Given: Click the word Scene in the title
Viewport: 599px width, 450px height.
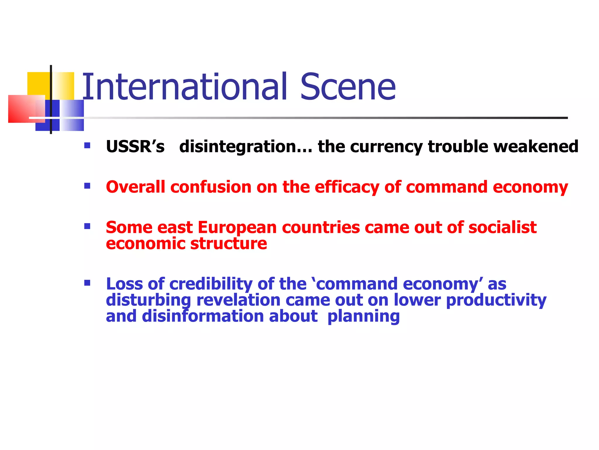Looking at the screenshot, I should pyautogui.click(x=348, y=87).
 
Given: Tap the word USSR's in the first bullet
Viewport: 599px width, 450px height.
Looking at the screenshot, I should pyautogui.click(x=135, y=146).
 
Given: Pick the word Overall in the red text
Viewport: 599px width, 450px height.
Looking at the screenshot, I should pyautogui.click(x=135, y=187).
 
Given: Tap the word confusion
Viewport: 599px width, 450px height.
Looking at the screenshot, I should pyautogui.click(x=211, y=187).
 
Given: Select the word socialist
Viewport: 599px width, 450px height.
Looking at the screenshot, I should pyautogui.click(x=502, y=227).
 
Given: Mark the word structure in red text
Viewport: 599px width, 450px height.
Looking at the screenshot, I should pyautogui.click(x=229, y=243).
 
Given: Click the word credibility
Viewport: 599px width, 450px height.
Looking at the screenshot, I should pyautogui.click(x=211, y=284).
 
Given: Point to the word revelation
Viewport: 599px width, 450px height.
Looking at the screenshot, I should pyautogui.click(x=238, y=300).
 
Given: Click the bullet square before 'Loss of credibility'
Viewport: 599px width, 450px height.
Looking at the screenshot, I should pyautogui.click(x=87, y=283).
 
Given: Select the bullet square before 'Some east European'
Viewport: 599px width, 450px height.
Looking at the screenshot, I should pyautogui.click(x=87, y=226).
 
